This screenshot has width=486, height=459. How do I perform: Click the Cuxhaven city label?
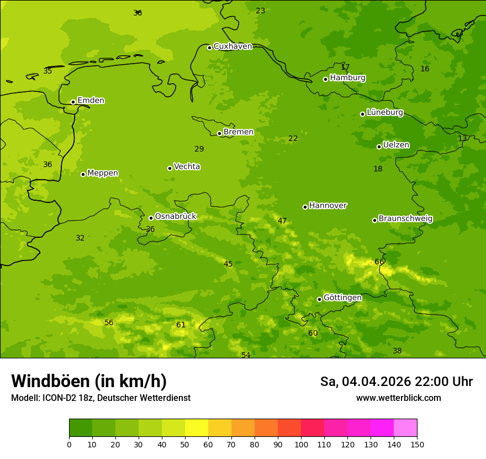233,46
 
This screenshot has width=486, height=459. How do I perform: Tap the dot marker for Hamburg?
326,79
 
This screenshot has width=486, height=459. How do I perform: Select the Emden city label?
91,101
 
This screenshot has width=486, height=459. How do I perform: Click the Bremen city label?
239,132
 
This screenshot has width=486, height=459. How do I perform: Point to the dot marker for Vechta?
170,168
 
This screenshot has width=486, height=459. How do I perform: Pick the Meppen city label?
103,173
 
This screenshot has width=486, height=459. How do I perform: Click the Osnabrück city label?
176,217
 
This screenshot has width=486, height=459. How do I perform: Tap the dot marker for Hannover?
305,207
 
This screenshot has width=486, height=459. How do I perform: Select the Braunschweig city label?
405,219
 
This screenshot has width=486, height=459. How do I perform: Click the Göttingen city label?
342,298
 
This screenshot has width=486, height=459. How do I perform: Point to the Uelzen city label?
396,145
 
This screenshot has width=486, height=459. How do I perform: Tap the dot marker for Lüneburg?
362,114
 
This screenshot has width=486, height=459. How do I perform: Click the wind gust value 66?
379,262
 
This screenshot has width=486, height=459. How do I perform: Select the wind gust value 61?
181,325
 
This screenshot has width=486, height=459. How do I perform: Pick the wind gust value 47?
282,221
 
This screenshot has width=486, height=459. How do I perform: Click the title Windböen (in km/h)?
89,381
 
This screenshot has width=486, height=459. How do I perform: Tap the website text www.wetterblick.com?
398,398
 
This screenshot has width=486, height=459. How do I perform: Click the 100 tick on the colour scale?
301,444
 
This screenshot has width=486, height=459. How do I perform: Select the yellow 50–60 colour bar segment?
197,428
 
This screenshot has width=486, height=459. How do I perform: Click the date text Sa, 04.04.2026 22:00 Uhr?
396,382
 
